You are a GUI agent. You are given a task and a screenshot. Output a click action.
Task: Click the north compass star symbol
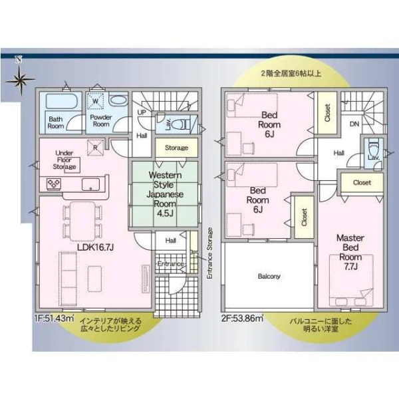[21, 79]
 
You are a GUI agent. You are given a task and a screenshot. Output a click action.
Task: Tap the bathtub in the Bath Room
[61, 102]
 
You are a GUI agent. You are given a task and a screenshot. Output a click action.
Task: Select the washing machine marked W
[96, 101]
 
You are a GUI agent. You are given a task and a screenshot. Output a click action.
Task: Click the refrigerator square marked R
[95, 148]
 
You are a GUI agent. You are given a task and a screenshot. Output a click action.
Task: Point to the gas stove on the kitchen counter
[53, 184]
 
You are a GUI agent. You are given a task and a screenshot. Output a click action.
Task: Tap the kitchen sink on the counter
[90, 184]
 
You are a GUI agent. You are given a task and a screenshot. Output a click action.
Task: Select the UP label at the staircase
[142, 112]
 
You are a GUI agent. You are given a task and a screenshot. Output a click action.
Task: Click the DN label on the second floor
[354, 124]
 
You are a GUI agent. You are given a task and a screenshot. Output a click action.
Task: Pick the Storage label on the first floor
[176, 148]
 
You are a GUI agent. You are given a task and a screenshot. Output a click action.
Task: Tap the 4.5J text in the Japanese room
[165, 213]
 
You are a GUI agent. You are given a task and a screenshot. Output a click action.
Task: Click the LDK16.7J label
[95, 247]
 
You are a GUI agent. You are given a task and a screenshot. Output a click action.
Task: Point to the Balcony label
[269, 277]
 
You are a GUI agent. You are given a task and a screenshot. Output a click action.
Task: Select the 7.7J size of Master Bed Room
[351, 267]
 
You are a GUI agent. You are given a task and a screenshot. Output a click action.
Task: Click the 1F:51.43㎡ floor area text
[55, 318]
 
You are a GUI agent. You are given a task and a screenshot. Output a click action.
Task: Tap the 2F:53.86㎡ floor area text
[242, 318]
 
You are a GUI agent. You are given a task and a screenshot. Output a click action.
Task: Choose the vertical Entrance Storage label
[209, 253]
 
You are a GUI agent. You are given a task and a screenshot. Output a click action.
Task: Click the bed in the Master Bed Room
[351, 280]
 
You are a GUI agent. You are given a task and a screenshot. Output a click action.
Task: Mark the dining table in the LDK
[82, 221]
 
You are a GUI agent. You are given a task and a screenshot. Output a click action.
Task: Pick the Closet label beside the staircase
[327, 112]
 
